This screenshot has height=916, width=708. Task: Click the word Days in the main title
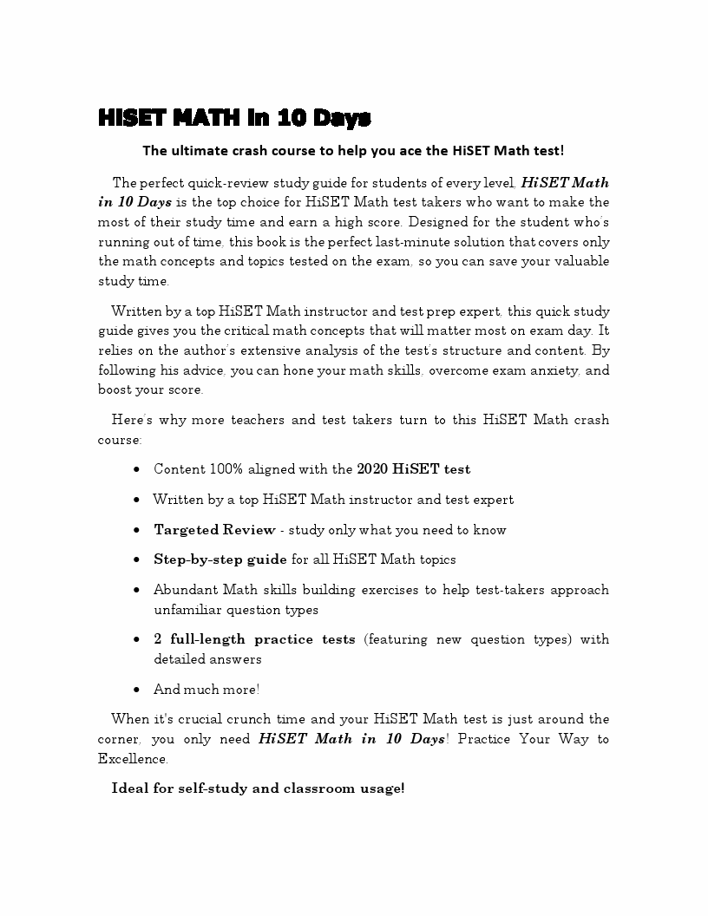point(342,118)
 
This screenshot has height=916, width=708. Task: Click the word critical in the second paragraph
point(300,330)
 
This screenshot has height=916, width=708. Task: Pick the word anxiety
point(558,370)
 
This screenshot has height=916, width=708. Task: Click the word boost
point(115,390)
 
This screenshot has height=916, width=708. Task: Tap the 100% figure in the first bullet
point(226,469)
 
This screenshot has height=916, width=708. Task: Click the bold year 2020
point(372,469)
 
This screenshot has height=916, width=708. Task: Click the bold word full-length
point(207,639)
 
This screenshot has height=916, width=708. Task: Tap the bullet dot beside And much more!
point(138,690)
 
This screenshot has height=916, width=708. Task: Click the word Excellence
point(132,759)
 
